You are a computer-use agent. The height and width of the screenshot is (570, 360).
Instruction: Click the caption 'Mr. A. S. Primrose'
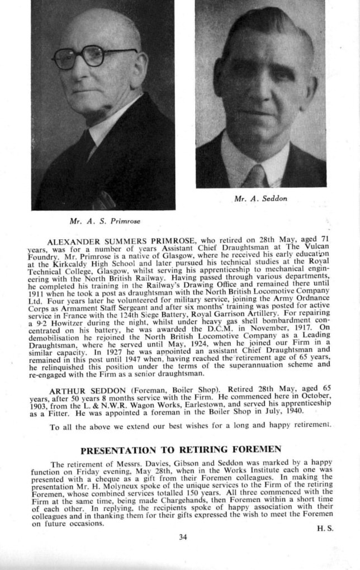click(105, 221)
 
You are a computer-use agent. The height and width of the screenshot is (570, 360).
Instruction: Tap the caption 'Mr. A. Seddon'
click(260, 198)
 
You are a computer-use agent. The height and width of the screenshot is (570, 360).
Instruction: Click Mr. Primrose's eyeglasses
click(92, 56)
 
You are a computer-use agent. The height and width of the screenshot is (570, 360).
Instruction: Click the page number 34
click(182, 538)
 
